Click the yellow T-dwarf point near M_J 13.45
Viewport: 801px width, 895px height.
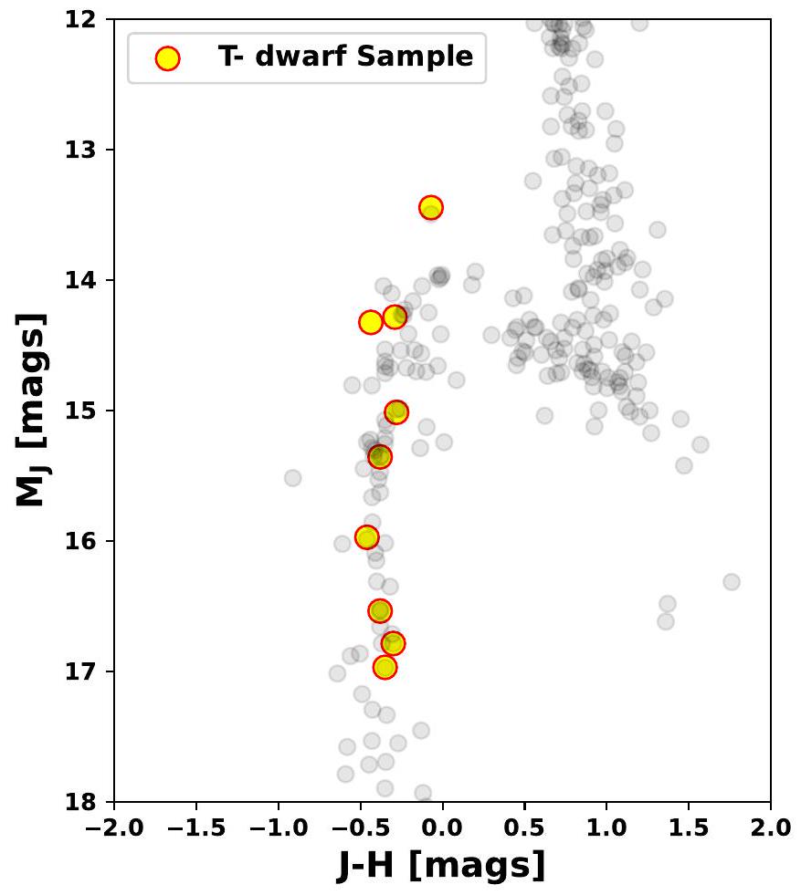(431, 207)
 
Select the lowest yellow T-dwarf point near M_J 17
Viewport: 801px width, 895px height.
(385, 667)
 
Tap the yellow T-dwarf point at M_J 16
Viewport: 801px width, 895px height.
(367, 536)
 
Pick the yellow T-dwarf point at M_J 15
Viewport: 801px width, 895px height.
(396, 411)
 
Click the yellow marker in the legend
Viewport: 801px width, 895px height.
(167, 58)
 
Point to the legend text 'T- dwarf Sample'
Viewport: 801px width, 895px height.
(345, 57)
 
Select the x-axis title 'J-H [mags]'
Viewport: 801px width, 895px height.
(442, 865)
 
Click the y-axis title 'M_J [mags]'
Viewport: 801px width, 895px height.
(31, 410)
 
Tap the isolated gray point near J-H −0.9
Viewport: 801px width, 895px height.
(292, 477)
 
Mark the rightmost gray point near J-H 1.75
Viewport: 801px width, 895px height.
(731, 581)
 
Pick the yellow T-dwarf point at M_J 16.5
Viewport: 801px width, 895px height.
(380, 610)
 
